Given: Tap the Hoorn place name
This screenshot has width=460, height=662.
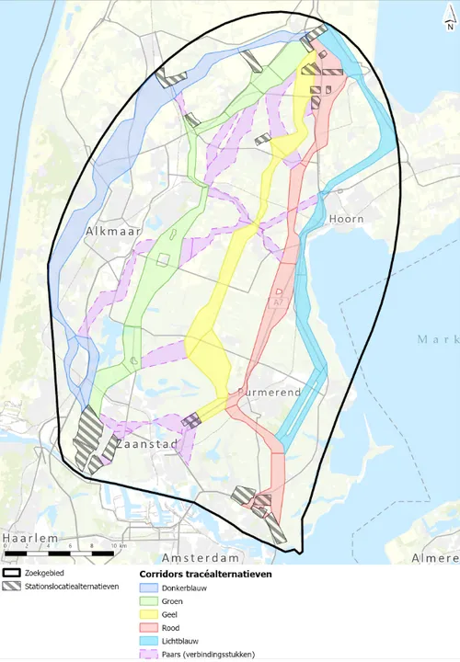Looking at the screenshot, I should [x=346, y=220].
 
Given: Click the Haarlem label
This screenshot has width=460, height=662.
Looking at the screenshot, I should [x=29, y=537].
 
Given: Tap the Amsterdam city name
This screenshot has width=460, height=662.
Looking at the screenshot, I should [x=201, y=558].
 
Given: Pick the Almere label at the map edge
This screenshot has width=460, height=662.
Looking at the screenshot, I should [x=434, y=558].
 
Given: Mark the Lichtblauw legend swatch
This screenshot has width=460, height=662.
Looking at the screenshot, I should [x=147, y=641].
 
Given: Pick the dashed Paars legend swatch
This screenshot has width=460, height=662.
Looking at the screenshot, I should [x=147, y=655].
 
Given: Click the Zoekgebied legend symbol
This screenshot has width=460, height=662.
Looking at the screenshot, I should [x=12, y=572].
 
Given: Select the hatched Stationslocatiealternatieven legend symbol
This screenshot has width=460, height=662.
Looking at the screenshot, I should [x=12, y=586].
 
